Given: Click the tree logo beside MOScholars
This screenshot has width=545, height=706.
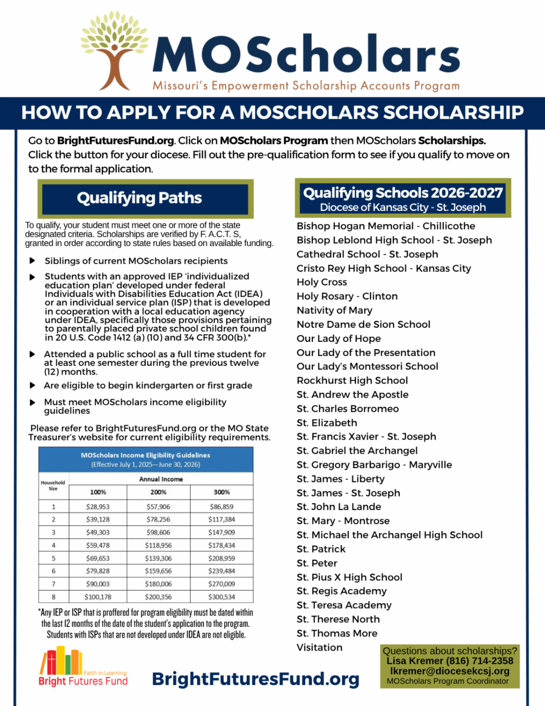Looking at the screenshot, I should tap(114, 50).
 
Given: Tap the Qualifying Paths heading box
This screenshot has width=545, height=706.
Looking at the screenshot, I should tap(145, 198).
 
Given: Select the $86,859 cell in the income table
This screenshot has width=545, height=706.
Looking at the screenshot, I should tap(222, 506).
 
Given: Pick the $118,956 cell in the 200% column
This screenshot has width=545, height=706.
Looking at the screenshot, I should tap(159, 545).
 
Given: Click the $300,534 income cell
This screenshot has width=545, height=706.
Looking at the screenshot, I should tap(222, 597).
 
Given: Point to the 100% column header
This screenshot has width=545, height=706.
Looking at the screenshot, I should tap(98, 492).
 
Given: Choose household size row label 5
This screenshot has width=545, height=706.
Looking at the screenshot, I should tap(54, 558).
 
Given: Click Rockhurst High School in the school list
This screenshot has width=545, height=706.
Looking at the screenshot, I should tap(352, 381).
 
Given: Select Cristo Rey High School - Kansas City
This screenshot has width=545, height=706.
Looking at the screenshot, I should tap(384, 268).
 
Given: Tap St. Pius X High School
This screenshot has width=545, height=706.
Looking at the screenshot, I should tap(349, 577).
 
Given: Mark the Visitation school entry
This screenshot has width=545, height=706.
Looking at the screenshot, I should tap(319, 647).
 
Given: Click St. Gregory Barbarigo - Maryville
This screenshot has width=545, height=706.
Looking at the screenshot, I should tap(374, 465).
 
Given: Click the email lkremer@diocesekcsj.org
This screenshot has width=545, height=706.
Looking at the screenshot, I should tap(450, 671).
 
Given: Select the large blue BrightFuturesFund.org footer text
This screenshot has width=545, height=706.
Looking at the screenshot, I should tap(256, 679).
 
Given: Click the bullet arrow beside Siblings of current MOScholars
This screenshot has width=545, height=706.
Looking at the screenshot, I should tap(32, 261).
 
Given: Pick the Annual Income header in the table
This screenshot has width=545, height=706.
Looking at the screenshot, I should tap(161, 479).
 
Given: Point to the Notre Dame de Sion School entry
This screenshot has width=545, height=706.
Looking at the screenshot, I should tap(363, 325).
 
